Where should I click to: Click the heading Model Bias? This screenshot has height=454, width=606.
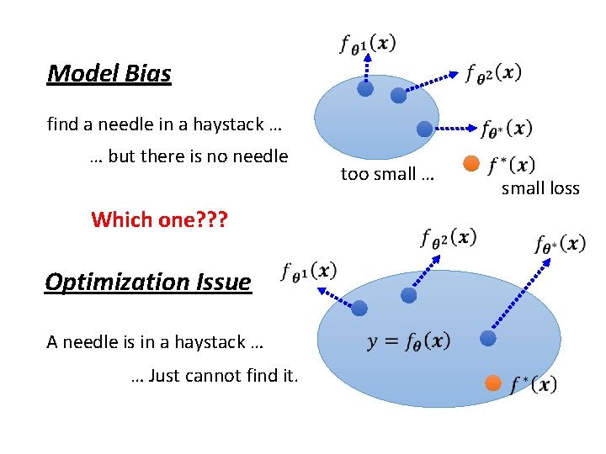(109, 74)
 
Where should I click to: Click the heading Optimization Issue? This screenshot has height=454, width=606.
(148, 282)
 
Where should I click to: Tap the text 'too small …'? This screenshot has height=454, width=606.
(387, 174)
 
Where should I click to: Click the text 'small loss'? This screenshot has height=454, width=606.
(540, 188)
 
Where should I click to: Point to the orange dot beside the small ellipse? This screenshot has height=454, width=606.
(471, 162)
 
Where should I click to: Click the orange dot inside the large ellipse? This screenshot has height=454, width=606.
(493, 383)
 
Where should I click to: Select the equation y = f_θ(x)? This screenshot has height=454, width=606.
(409, 341)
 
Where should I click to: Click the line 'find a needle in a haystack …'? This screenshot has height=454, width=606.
(164, 124)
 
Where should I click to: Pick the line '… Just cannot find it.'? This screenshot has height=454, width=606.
(215, 375)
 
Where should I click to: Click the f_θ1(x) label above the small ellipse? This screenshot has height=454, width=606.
(368, 43)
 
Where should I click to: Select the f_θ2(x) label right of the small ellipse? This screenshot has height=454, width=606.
(493, 72)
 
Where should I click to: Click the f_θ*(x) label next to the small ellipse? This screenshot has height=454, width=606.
(506, 129)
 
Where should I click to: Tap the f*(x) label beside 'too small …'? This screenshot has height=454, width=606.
(511, 164)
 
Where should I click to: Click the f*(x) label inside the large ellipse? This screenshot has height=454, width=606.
(534, 384)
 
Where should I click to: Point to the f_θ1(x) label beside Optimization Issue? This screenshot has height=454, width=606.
(310, 272)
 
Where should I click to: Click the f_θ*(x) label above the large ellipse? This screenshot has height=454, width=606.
(560, 244)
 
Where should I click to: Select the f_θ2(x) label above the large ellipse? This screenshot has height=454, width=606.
(449, 237)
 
